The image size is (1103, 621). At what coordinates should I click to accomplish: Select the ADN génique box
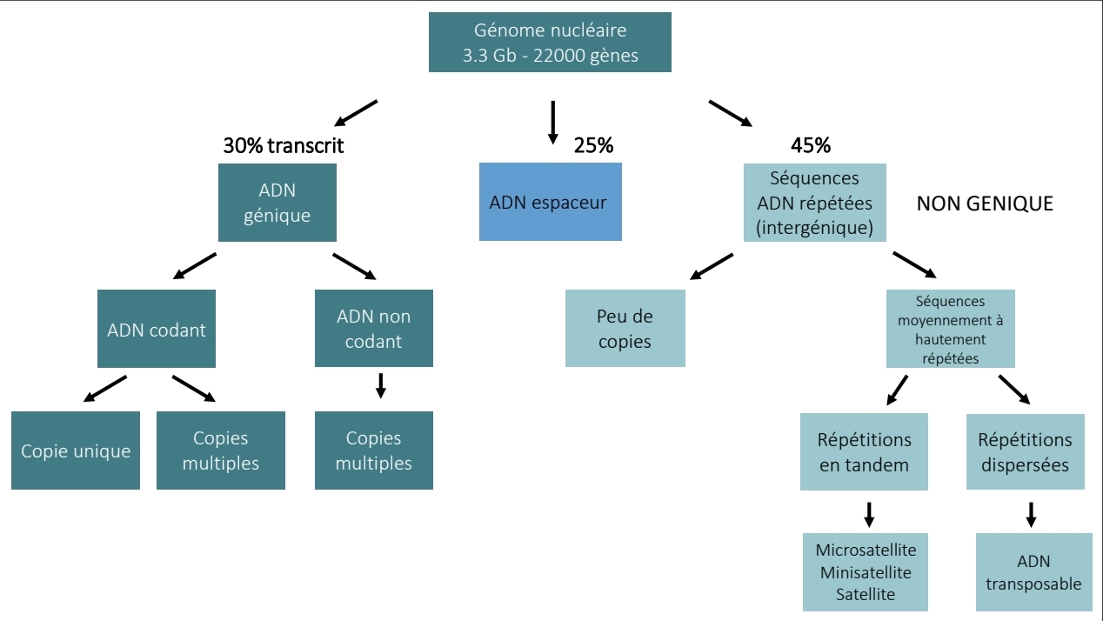(x=277, y=203)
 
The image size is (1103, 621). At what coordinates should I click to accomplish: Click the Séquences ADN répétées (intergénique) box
(x=815, y=204)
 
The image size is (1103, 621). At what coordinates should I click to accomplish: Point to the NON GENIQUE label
(x=985, y=204)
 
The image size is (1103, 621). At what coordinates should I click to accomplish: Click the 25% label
(x=593, y=146)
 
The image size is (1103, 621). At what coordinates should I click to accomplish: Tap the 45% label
(x=811, y=146)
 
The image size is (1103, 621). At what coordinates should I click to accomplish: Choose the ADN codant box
(x=157, y=330)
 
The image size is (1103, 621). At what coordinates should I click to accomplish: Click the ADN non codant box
(x=373, y=329)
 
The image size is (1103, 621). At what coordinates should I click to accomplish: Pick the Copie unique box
(x=76, y=451)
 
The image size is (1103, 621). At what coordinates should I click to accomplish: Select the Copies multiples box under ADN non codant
(x=373, y=451)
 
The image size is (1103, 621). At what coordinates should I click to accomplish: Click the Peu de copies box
(x=625, y=329)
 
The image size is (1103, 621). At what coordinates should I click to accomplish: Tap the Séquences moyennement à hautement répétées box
(x=950, y=329)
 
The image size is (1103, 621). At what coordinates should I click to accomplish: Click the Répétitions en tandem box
(x=864, y=452)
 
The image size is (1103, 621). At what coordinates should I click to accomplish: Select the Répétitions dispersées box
(x=1025, y=452)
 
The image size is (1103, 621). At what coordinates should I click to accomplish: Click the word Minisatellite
(x=866, y=572)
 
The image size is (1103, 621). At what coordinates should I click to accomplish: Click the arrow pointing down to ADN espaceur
(x=551, y=123)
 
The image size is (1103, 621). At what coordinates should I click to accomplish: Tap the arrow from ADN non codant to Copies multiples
(x=380, y=385)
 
